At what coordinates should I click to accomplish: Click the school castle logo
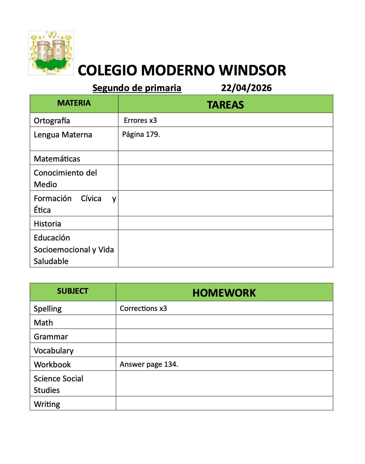(x=51, y=53)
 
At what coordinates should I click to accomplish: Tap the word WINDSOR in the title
(x=252, y=70)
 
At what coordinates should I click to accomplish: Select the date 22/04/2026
(x=246, y=88)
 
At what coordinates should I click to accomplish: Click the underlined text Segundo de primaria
(x=137, y=88)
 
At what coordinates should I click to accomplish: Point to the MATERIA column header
(x=74, y=103)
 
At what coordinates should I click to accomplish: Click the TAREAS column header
(x=225, y=105)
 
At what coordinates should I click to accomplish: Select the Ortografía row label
(x=52, y=121)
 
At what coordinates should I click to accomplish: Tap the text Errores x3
(x=140, y=120)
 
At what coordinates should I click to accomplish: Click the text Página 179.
(x=141, y=134)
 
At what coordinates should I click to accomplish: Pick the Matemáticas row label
(x=57, y=159)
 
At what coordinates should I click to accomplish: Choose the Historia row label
(x=47, y=224)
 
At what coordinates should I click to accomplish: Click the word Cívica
(x=91, y=198)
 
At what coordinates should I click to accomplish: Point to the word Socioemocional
(x=62, y=249)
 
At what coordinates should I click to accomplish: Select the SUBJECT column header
(x=72, y=291)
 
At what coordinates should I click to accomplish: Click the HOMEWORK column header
(x=224, y=293)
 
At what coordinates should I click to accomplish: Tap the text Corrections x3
(x=143, y=308)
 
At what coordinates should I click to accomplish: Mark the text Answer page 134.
(x=149, y=364)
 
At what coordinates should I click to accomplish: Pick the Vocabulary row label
(x=54, y=350)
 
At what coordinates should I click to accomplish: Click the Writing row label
(x=47, y=404)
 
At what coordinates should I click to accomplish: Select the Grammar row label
(x=51, y=337)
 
